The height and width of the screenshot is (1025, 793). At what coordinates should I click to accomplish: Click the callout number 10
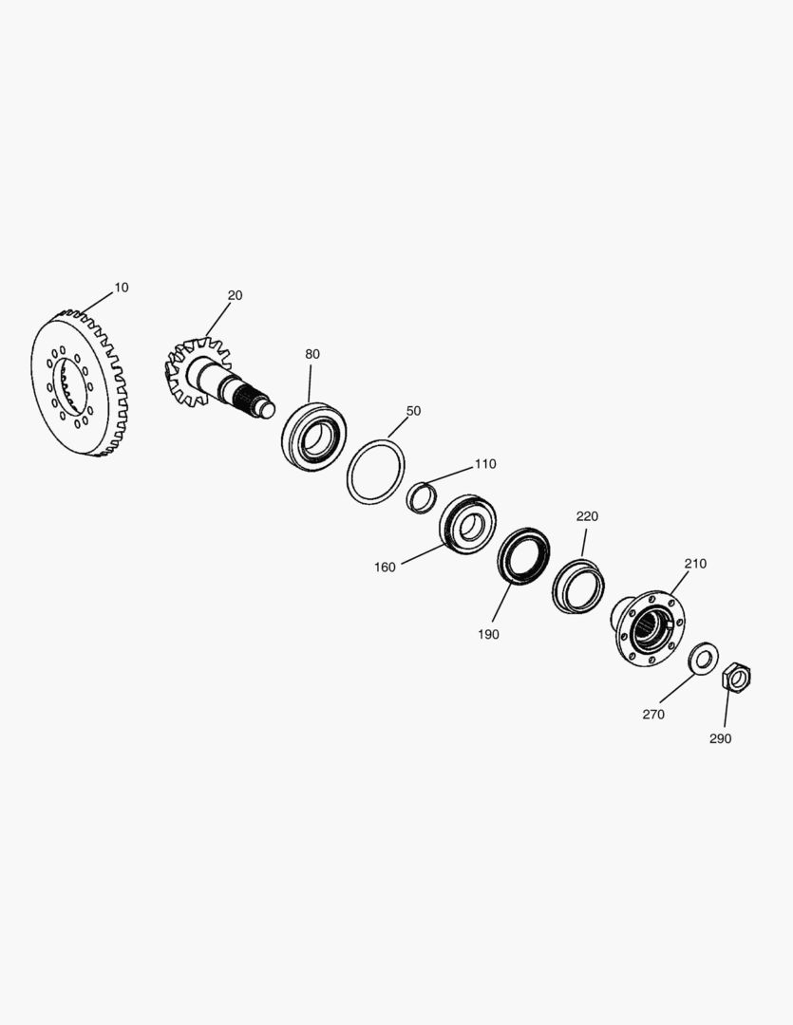(x=122, y=288)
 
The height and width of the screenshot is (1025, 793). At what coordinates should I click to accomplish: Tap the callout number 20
(x=235, y=295)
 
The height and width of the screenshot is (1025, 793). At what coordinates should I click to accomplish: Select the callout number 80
(x=312, y=354)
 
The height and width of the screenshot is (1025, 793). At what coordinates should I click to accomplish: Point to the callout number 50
(x=413, y=411)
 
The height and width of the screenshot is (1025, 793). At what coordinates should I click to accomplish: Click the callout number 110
(x=485, y=464)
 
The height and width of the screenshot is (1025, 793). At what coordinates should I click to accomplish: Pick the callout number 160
(x=385, y=568)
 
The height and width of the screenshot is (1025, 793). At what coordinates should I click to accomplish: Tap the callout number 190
(x=489, y=635)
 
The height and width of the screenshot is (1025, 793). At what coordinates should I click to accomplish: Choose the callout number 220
(x=587, y=517)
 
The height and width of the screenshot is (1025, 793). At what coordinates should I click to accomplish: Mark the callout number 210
(x=695, y=564)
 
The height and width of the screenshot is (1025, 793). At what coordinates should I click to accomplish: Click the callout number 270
(x=653, y=715)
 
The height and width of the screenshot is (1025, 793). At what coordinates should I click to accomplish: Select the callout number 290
(x=721, y=738)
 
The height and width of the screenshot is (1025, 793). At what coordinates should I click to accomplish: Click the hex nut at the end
(x=736, y=678)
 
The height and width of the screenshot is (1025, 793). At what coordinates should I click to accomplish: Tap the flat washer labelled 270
(x=703, y=657)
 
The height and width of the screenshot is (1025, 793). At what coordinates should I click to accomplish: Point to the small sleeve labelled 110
(x=422, y=496)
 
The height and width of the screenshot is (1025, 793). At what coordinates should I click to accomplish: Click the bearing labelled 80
(x=314, y=436)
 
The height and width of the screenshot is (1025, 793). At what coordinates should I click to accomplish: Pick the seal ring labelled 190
(x=523, y=557)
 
